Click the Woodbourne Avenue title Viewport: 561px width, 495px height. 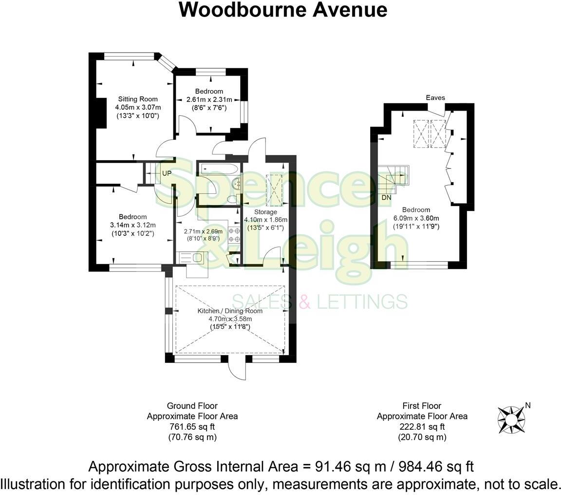[283, 10]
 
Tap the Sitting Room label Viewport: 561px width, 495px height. [138, 99]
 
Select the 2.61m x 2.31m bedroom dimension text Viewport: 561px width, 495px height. [209, 100]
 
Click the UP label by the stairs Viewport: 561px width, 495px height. [167, 173]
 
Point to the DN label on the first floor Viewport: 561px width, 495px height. [387, 198]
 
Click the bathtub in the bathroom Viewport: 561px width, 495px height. [220, 169]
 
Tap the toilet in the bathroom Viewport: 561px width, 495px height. [233, 199]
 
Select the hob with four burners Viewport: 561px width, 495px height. [234, 235]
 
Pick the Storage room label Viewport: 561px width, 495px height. [265, 212]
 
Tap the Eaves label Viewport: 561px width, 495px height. [435, 98]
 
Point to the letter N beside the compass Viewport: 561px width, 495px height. [528, 405]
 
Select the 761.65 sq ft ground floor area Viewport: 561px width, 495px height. [192, 427]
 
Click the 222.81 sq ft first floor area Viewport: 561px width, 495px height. [422, 427]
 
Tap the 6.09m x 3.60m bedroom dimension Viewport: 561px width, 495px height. [416, 218]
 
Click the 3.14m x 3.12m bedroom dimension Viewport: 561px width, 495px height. [133, 225]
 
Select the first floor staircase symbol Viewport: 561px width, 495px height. [394, 178]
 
